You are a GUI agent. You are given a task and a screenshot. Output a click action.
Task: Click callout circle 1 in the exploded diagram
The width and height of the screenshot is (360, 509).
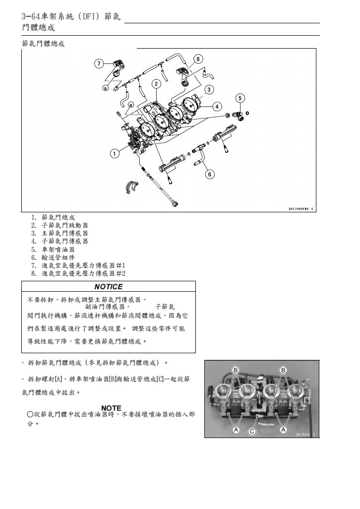tap(115, 154)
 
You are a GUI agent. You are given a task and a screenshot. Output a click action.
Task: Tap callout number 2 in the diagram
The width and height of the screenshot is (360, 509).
tap(156, 84)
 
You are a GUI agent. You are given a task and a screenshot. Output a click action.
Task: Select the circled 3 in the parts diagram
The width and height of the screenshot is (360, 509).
tap(209, 90)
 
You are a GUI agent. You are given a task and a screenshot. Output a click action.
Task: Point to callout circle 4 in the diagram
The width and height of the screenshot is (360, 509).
tap(217, 106)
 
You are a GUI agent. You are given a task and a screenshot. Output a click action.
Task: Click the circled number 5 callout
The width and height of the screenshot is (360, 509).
tap(240, 98)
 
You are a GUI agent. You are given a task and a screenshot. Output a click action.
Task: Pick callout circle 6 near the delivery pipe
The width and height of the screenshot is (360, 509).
tap(209, 174)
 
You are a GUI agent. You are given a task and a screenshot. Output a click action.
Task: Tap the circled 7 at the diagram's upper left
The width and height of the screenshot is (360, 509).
tap(99, 64)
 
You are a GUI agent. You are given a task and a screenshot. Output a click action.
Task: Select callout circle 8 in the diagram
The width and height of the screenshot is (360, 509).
tap(198, 59)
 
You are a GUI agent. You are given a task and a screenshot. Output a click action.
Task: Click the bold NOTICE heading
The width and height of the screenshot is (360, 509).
tap(108, 287)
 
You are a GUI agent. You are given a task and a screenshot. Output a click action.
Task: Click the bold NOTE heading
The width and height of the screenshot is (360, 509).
tap(111, 408)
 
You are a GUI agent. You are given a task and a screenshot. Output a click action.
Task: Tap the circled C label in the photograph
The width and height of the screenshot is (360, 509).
tap(251, 432)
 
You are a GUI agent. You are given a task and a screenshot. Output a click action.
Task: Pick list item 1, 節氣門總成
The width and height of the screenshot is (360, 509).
tap(58, 217)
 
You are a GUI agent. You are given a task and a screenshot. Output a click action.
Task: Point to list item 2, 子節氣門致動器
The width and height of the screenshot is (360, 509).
tap(64, 225)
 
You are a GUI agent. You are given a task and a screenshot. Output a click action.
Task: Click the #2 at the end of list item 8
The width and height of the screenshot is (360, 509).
tap(120, 273)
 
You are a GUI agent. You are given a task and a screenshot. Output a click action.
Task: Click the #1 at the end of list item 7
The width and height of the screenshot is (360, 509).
tap(120, 265)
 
